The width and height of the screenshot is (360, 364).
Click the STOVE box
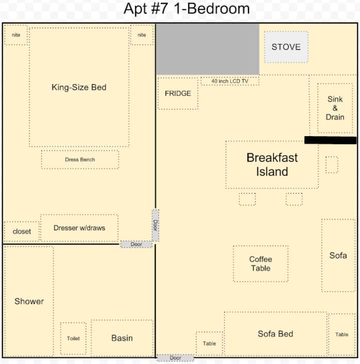[x=286, y=47]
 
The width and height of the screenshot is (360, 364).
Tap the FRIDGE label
[x=178, y=93]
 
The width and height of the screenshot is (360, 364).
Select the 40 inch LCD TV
[x=230, y=81]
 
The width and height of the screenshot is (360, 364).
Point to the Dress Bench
[x=80, y=160]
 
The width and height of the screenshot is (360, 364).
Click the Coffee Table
[x=261, y=264]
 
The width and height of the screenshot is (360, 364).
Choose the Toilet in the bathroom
[x=73, y=338]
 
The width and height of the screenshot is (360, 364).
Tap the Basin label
[x=122, y=338]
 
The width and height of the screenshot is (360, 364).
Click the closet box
[x=21, y=231]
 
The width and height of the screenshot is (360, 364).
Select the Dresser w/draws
[x=79, y=228]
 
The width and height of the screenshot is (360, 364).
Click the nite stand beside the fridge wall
[x=142, y=35]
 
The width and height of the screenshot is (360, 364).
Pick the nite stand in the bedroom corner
[x=16, y=35]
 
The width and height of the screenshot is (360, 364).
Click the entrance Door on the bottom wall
[x=175, y=357]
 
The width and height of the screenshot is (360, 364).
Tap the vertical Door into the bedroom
[x=155, y=225]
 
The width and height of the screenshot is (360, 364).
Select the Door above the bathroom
[x=136, y=244]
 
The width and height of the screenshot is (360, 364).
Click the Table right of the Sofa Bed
[x=341, y=334]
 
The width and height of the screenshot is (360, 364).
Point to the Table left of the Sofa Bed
[x=209, y=343]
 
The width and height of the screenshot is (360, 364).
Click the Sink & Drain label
[x=335, y=108]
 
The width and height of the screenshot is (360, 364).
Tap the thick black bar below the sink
[x=330, y=140]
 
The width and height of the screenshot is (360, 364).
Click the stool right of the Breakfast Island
[x=331, y=165]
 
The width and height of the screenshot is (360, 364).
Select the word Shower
[x=29, y=301]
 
